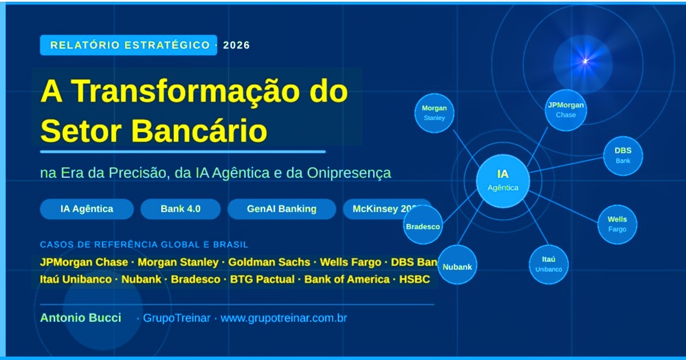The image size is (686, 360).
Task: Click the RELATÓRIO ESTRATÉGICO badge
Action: (x=129, y=45)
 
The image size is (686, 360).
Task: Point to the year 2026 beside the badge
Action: (x=237, y=45)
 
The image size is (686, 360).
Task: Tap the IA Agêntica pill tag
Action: (x=87, y=209)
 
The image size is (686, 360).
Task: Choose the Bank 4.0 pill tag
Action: (x=181, y=209)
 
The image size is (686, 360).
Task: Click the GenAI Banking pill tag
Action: (x=282, y=209)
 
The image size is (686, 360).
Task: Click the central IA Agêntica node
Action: (x=503, y=181)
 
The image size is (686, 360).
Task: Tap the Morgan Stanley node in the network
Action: (x=434, y=113)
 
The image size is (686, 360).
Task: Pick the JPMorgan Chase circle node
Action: (x=565, y=110)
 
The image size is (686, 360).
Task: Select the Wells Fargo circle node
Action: (x=617, y=224)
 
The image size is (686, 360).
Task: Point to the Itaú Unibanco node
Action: (x=548, y=264)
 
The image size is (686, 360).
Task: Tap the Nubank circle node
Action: (x=457, y=267)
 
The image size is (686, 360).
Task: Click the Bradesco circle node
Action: (x=423, y=226)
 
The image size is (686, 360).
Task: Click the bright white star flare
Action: (x=585, y=61)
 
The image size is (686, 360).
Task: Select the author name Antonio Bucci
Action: (x=81, y=318)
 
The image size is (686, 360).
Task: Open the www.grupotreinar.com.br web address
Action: (x=284, y=318)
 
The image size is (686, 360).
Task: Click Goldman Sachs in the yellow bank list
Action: (x=269, y=262)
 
